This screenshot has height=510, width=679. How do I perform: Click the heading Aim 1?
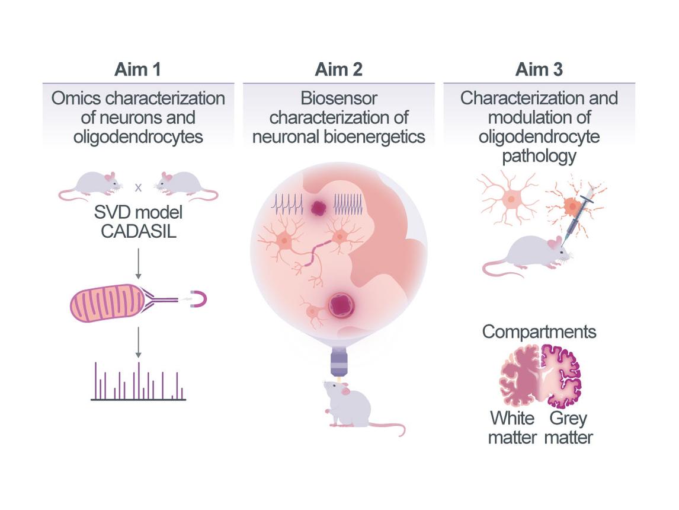click(x=138, y=69)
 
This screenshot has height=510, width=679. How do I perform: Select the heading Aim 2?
click(x=338, y=69)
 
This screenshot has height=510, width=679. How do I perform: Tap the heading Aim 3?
click(x=539, y=69)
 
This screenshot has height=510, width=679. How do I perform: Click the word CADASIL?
click(x=138, y=231)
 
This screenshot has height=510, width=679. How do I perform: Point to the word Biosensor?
click(x=338, y=97)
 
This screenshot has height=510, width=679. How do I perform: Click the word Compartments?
click(x=539, y=332)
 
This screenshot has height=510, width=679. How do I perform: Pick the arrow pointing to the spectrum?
click(x=138, y=342)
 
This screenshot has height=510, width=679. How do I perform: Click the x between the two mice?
click(x=138, y=187)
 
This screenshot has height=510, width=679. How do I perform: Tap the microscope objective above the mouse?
click(x=338, y=362)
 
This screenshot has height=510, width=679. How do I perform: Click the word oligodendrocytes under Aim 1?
click(x=138, y=137)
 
